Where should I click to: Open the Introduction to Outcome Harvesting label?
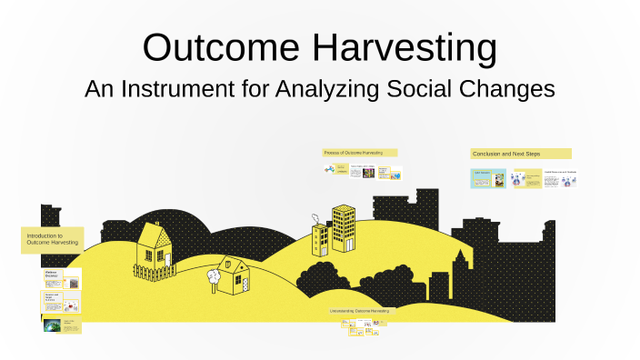[53, 239]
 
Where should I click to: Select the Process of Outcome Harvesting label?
[359, 153]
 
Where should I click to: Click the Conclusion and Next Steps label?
[520, 154]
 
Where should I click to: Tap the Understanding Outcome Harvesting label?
[360, 311]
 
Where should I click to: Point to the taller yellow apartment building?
[344, 227]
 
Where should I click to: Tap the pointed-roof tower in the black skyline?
[462, 273]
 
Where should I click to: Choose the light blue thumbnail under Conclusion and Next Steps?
[487, 179]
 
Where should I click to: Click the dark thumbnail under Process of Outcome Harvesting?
[368, 173]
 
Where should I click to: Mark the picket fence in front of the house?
[155, 271]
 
